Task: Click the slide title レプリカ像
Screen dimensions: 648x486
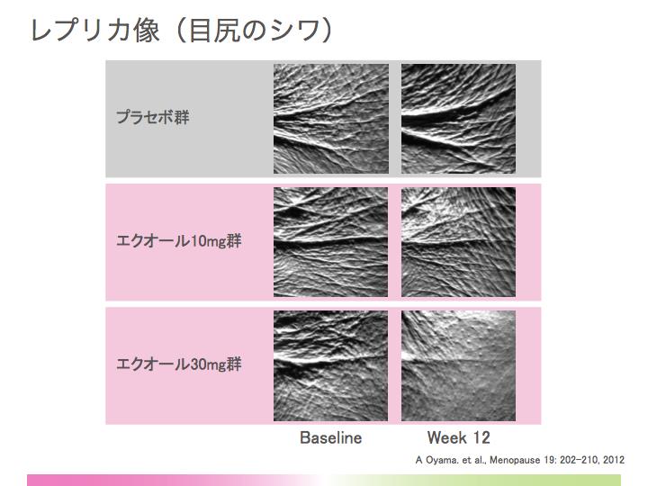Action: click(95, 31)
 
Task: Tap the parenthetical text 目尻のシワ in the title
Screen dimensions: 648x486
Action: click(254, 31)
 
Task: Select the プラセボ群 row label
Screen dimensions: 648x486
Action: click(152, 117)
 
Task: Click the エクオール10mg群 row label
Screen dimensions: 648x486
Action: click(178, 241)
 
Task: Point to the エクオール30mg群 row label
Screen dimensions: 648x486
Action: click(178, 364)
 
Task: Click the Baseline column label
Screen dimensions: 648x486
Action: click(330, 437)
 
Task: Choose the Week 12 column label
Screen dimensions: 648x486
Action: click(458, 437)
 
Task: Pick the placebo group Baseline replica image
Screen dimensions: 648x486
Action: click(331, 119)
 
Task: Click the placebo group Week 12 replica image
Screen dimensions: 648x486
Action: click(458, 119)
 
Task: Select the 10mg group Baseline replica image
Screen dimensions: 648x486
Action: click(330, 242)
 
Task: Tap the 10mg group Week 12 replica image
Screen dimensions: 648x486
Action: click(458, 242)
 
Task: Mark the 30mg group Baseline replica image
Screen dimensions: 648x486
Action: click(330, 365)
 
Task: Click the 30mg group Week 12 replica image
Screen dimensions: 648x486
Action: click(458, 365)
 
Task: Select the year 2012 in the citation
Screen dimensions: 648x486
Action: click(614, 460)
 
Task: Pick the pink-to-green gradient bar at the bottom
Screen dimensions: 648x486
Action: click(324, 481)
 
